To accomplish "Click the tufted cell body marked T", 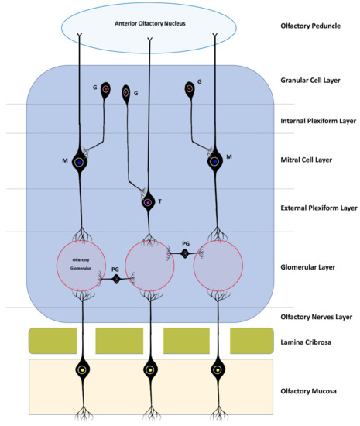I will (148, 203).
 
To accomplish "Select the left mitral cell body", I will (79, 162).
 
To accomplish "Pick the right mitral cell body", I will (214, 162).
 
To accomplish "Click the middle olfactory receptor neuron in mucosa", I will (149, 370).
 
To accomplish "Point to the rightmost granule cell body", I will (189, 90).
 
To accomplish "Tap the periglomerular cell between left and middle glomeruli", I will (115, 278).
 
